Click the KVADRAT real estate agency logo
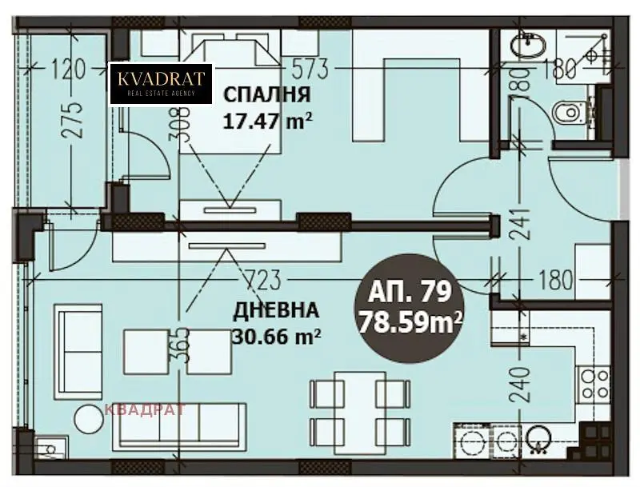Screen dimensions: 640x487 [x=162, y=83]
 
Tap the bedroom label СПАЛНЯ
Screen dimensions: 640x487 [x=267, y=94]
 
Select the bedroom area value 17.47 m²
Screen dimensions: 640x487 [x=268, y=121]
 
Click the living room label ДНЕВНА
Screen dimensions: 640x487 [x=276, y=310]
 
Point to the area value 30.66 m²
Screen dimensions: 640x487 [x=276, y=337]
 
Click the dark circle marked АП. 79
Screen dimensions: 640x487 [x=410, y=309]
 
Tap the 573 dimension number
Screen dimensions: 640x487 [x=310, y=69]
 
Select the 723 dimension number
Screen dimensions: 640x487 [x=263, y=280]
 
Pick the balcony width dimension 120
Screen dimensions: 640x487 [x=69, y=69]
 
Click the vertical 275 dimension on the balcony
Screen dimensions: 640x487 [x=74, y=120]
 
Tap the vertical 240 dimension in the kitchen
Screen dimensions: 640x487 [x=520, y=384]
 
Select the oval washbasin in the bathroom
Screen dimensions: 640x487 [x=528, y=42]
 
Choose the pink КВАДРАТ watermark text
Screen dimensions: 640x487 [x=146, y=409]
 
